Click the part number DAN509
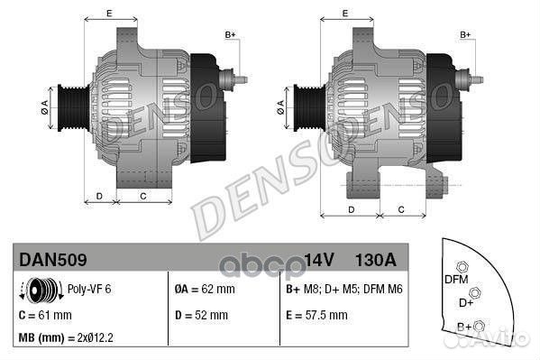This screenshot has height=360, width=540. [x=53, y=260]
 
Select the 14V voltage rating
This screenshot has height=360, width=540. [x=318, y=260]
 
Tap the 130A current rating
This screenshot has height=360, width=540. [x=376, y=260]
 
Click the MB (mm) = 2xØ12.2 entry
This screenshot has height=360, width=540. [x=65, y=338]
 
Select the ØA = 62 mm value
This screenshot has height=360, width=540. [x=204, y=291]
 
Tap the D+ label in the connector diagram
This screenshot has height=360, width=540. [x=465, y=302]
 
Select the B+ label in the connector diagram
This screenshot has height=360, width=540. [x=465, y=326]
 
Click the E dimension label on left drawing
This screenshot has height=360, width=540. [x=109, y=14]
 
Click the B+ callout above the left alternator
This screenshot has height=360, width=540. [x=229, y=34]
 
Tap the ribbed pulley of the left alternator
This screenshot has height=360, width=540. [x=69, y=106]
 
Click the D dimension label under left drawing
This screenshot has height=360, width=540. [x=99, y=195]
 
